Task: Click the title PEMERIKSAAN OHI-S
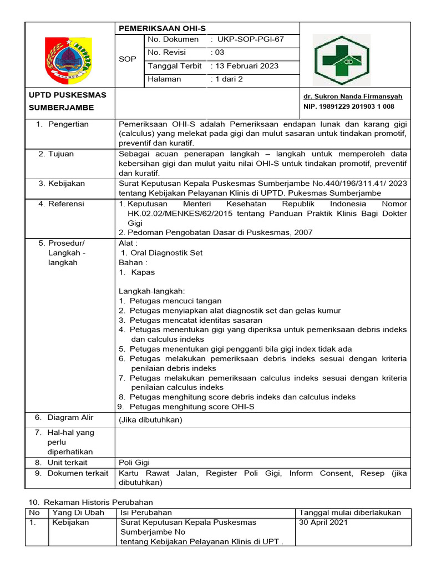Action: click(x=155, y=28)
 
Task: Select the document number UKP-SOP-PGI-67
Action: click(x=247, y=39)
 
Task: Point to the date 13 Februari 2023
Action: click(x=245, y=66)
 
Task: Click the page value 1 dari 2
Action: click(x=226, y=79)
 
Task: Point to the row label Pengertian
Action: click(x=68, y=124)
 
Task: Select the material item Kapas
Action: click(x=143, y=272)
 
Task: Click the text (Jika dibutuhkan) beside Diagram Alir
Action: click(x=150, y=420)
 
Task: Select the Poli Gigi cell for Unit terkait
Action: click(x=134, y=463)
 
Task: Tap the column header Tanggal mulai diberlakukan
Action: click(x=350, y=513)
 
